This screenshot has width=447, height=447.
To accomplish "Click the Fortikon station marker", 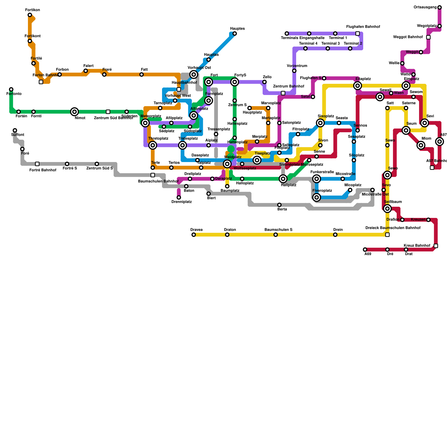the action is click(30, 15).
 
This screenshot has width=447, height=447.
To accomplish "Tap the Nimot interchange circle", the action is click(74, 112).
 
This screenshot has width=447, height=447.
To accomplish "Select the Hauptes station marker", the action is click(235, 34).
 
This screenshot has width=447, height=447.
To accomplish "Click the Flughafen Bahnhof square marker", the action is click(358, 34).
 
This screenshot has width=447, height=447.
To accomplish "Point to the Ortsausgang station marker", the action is click(439, 7).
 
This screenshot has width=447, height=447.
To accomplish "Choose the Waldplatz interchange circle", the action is click(227, 164).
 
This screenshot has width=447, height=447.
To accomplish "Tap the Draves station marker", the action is click(194, 235).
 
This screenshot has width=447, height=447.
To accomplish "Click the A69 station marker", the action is click(365, 249).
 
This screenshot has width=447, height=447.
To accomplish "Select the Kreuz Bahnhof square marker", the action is click(436, 246).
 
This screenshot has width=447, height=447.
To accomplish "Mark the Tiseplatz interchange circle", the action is click(257, 160).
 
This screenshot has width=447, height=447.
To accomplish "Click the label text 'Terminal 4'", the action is click(308, 44).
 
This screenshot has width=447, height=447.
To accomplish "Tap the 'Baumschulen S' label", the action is click(278, 230).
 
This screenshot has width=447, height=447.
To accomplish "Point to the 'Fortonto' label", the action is click(14, 94).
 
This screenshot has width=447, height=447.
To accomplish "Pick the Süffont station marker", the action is click(15, 130).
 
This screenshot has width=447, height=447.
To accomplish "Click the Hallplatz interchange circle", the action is click(283, 179).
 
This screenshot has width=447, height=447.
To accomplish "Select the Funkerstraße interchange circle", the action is click(317, 179).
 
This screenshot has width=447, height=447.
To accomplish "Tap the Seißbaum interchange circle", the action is click(387, 208).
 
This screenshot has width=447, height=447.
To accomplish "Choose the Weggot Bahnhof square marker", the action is click(428, 37).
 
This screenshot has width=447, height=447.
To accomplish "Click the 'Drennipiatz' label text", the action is click(181, 202).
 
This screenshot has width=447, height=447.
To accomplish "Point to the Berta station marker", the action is click(279, 205).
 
